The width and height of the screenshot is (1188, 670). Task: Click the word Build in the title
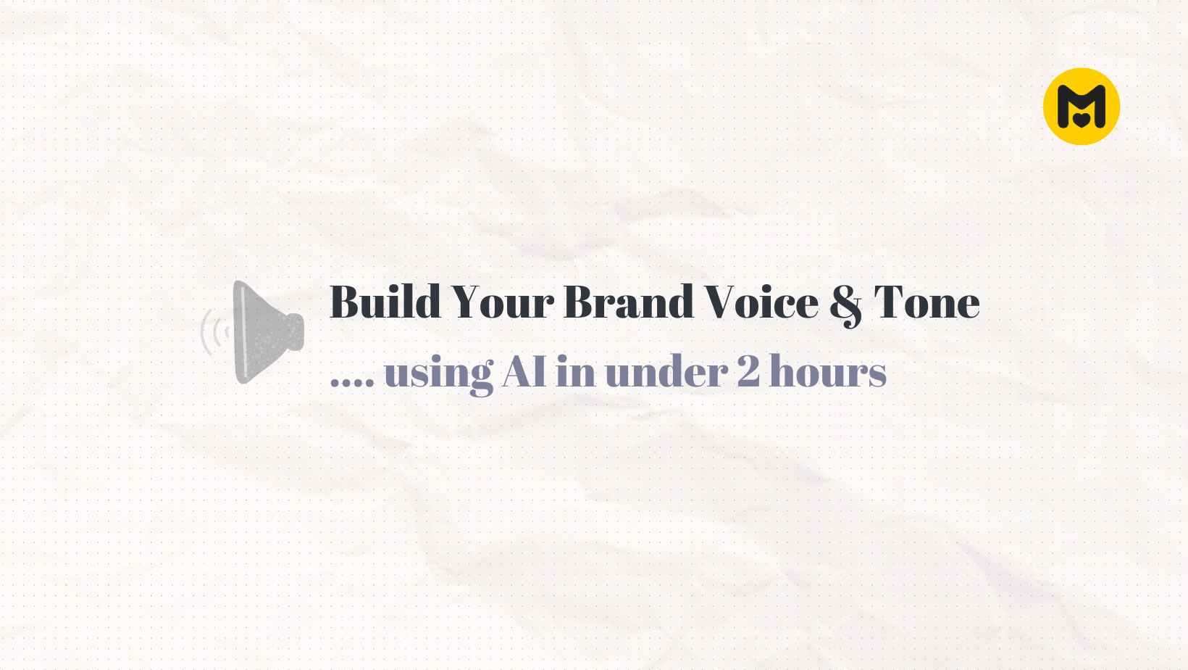(x=385, y=302)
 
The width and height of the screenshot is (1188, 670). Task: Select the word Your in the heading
(x=502, y=302)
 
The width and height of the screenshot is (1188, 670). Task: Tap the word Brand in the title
(x=629, y=302)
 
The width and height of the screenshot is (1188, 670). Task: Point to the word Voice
(x=761, y=302)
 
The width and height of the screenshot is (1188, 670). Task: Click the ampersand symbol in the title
(x=846, y=305)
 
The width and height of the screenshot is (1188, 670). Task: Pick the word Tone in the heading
(x=926, y=302)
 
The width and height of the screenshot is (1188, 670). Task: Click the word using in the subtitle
(x=438, y=373)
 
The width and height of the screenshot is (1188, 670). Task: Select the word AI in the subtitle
(x=524, y=371)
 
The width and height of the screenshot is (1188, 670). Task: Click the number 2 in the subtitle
(x=748, y=371)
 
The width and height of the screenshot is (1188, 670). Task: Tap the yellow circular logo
(x=1081, y=107)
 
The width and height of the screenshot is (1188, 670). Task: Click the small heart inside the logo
(x=1081, y=118)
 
